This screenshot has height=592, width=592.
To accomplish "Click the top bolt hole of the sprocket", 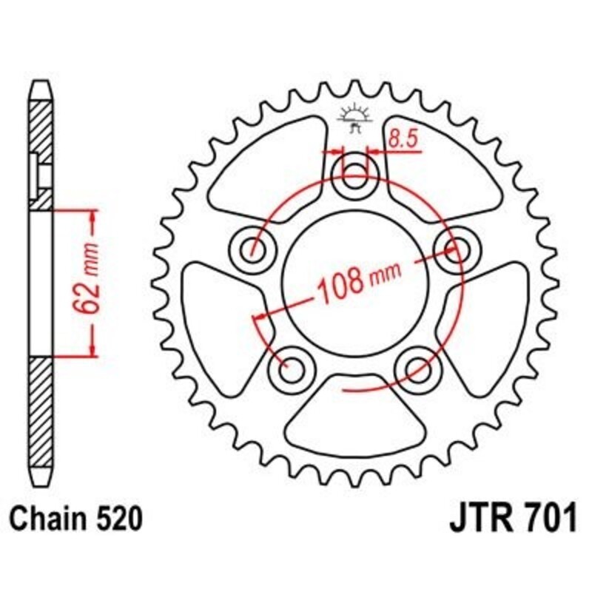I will click(x=356, y=175).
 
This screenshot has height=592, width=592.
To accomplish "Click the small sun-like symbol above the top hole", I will click(x=354, y=115).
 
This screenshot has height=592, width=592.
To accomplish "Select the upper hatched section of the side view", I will click(x=42, y=152).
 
